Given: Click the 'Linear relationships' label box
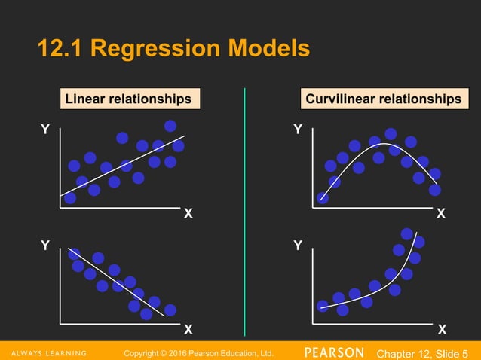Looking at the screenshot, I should [127, 99].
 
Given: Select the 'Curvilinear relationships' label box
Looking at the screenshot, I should [382, 99].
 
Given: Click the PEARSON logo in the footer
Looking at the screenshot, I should [335, 352].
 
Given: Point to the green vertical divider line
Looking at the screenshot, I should [244, 211].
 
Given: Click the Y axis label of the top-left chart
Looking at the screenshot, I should [45, 130].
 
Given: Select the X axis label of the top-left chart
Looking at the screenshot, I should [188, 215].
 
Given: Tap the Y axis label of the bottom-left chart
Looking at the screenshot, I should [45, 246].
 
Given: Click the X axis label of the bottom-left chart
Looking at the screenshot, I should [188, 330].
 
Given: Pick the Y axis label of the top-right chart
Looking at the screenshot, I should [298, 130].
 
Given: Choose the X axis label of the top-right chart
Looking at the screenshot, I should [442, 215].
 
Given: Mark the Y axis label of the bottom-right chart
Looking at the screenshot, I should [298, 246].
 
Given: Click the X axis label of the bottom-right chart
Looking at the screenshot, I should [442, 330].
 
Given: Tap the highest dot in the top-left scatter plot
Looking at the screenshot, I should [170, 125].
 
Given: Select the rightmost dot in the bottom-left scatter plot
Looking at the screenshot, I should [170, 310].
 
